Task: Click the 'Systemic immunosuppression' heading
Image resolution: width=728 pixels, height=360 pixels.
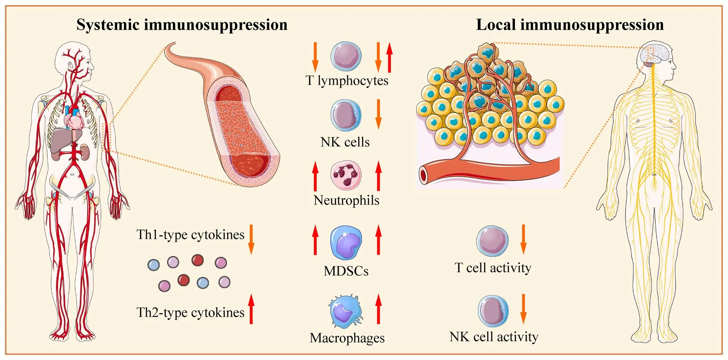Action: (x=182, y=25)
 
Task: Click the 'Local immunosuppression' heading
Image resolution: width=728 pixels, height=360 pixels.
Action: (x=570, y=25)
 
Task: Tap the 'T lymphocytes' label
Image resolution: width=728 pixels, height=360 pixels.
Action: (x=347, y=80)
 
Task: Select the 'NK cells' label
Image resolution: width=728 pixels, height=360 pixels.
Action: (x=345, y=142)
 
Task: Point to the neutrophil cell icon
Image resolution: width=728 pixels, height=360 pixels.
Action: (x=346, y=175)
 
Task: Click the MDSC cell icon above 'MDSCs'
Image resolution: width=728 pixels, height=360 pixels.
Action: (x=346, y=243)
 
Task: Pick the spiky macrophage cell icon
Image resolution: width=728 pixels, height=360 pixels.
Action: (x=345, y=311)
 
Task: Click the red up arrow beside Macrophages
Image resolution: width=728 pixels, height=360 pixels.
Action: (x=378, y=309)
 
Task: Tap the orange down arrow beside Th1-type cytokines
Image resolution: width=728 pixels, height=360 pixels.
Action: (x=251, y=239)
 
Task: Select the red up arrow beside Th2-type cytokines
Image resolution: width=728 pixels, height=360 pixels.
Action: (x=251, y=309)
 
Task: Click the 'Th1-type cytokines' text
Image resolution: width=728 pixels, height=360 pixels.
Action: (x=190, y=235)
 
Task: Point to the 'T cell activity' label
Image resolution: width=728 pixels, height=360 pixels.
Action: (x=493, y=268)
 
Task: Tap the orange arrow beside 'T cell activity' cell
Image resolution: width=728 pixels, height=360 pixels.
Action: (x=523, y=239)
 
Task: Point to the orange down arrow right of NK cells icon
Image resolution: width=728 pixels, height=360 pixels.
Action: (x=378, y=114)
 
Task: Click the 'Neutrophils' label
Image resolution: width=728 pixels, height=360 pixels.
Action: (x=346, y=200)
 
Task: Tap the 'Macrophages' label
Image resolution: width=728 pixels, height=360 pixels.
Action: (x=347, y=338)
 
